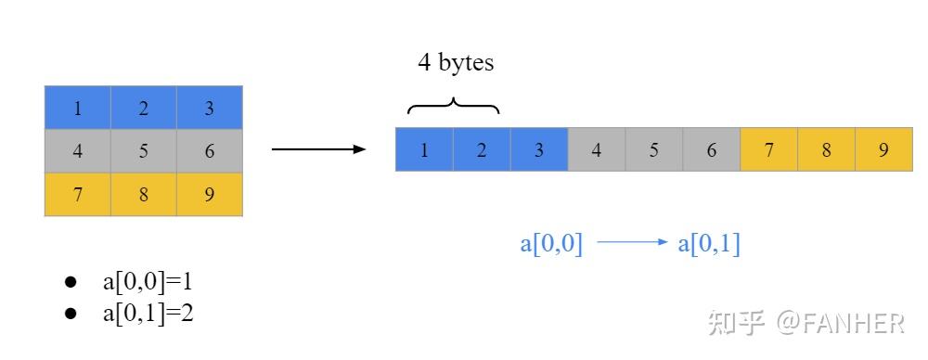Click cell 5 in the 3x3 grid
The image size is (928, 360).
tap(144, 151)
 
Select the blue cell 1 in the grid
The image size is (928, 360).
tap(78, 108)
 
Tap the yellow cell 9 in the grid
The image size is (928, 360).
tap(210, 195)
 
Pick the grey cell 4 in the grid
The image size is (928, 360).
tap(78, 151)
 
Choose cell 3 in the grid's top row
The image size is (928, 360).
tap(210, 108)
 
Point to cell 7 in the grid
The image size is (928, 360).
tap(78, 195)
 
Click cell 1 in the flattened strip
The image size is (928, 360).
tap(424, 150)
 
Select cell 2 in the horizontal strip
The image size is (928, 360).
tap(482, 150)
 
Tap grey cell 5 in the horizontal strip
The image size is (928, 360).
tap(654, 150)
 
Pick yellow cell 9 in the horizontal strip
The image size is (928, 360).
tap(884, 150)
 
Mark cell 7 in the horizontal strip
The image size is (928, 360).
tap(769, 150)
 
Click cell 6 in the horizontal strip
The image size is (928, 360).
tap(712, 150)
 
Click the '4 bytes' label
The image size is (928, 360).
tap(456, 63)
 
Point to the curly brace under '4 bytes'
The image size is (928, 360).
tap(454, 105)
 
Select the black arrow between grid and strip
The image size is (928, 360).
tap(318, 148)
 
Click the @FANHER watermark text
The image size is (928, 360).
tap(841, 323)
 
